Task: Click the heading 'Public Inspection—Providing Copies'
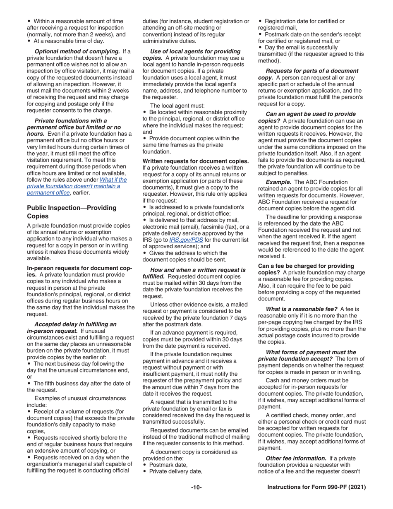pos(72,212)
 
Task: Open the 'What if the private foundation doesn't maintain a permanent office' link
pos(77,186)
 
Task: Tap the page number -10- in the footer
pos(196,487)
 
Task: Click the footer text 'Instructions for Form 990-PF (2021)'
pos(316,487)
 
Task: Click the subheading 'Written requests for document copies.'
pos(196,161)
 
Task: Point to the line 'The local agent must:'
pos(177,106)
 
